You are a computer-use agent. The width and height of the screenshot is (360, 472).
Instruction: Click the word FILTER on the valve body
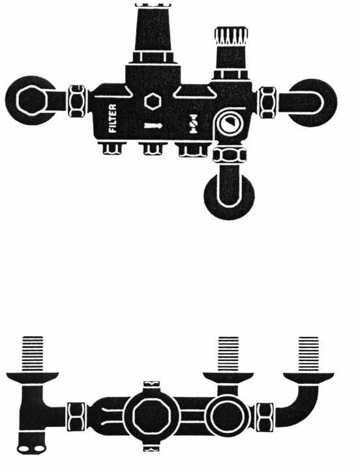click(113, 118)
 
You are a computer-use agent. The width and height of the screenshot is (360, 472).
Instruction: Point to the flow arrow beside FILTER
click(153, 125)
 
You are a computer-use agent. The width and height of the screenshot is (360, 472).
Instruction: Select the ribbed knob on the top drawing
click(232, 35)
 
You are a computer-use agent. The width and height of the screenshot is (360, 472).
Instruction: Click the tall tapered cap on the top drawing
click(153, 27)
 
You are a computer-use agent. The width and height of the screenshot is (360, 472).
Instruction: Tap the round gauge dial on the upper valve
click(228, 125)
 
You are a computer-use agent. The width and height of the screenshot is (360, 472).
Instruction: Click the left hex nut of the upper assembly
click(78, 101)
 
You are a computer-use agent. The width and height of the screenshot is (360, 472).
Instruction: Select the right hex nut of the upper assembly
click(267, 102)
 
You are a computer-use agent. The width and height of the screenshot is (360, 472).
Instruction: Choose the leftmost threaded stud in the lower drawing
click(33, 354)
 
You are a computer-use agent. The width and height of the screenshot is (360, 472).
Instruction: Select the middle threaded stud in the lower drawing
click(228, 354)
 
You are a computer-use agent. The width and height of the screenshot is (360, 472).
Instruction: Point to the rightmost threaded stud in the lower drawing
click(308, 354)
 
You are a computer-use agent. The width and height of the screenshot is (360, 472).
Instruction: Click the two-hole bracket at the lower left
click(31, 448)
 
